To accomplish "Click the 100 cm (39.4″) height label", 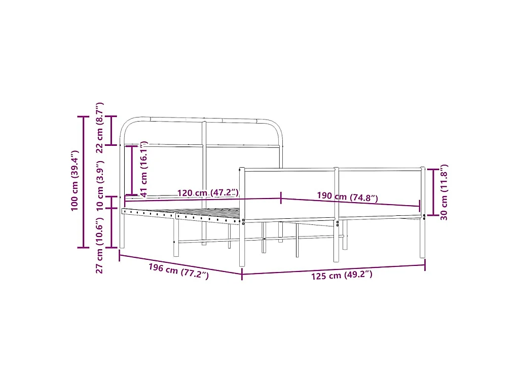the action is [75, 181].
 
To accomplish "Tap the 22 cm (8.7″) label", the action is [100, 128].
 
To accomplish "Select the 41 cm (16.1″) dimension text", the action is [143, 169].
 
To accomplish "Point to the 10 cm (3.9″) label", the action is [100, 186].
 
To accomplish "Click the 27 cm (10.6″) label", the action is [100, 246].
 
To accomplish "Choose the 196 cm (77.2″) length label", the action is [178, 271].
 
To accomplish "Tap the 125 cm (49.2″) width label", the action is [342, 275].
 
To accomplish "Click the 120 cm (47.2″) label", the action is [208, 192].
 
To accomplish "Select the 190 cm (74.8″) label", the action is [347, 197].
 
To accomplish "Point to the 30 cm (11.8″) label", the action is [444, 192].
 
